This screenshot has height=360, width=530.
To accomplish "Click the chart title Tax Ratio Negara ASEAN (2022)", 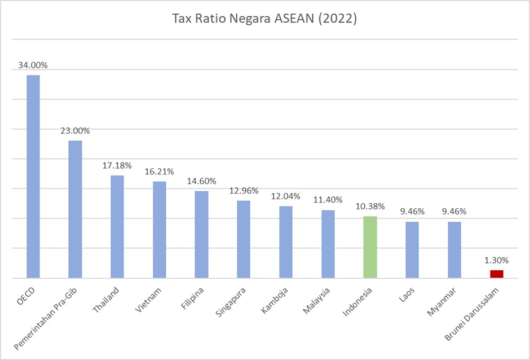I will coord(264,19).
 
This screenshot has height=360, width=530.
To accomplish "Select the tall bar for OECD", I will coord(33,176).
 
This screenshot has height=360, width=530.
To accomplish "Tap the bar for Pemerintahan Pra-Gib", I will coord(75,209).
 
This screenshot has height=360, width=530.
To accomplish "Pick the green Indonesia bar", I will coord(370,247).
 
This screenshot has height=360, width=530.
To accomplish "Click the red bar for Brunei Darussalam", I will coord(496,274).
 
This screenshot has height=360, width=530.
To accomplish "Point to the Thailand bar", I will coord(117,226).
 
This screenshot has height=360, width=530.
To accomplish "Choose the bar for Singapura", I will coord(244,239).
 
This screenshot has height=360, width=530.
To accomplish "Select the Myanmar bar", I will coord(454,249).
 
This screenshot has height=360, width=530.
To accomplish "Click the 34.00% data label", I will coord(33,65).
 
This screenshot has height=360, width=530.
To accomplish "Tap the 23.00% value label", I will coord(75,130).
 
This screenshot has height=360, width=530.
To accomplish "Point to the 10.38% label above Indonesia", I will coord(370,206).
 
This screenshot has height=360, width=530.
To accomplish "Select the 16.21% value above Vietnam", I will coord(160,171).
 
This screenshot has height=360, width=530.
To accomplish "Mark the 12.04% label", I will coord(286,196).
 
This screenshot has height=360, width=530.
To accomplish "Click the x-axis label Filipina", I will coord(194,298).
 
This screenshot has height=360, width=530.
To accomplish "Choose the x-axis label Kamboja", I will coord(277,300).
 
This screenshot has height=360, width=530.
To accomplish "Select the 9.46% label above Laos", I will coord(412,212).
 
